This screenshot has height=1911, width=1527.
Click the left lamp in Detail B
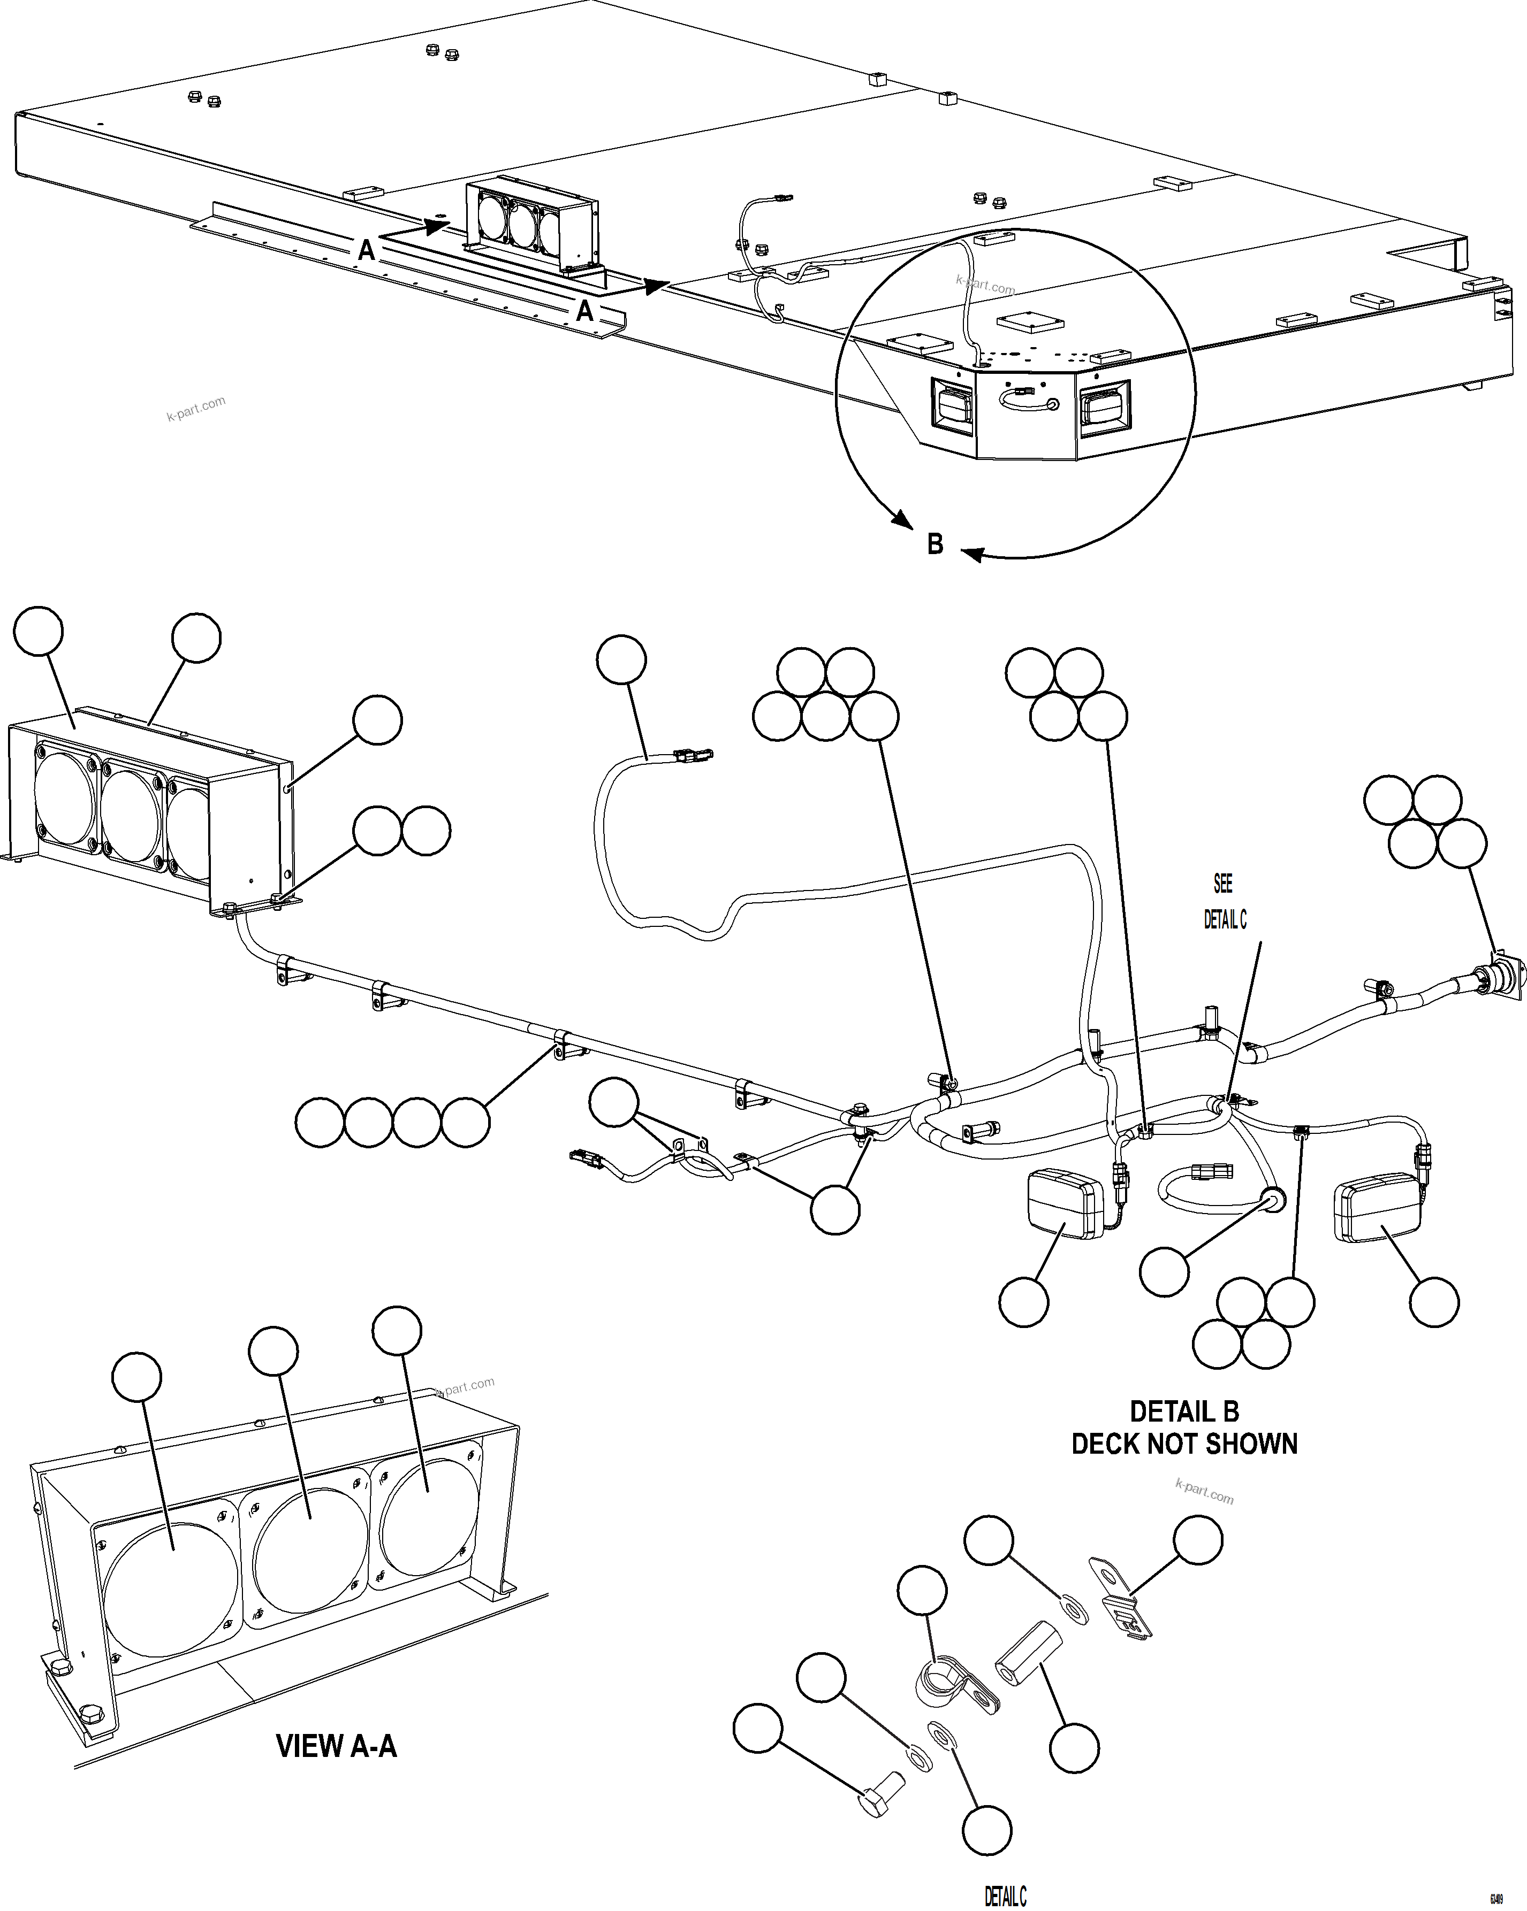tap(1064, 1204)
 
